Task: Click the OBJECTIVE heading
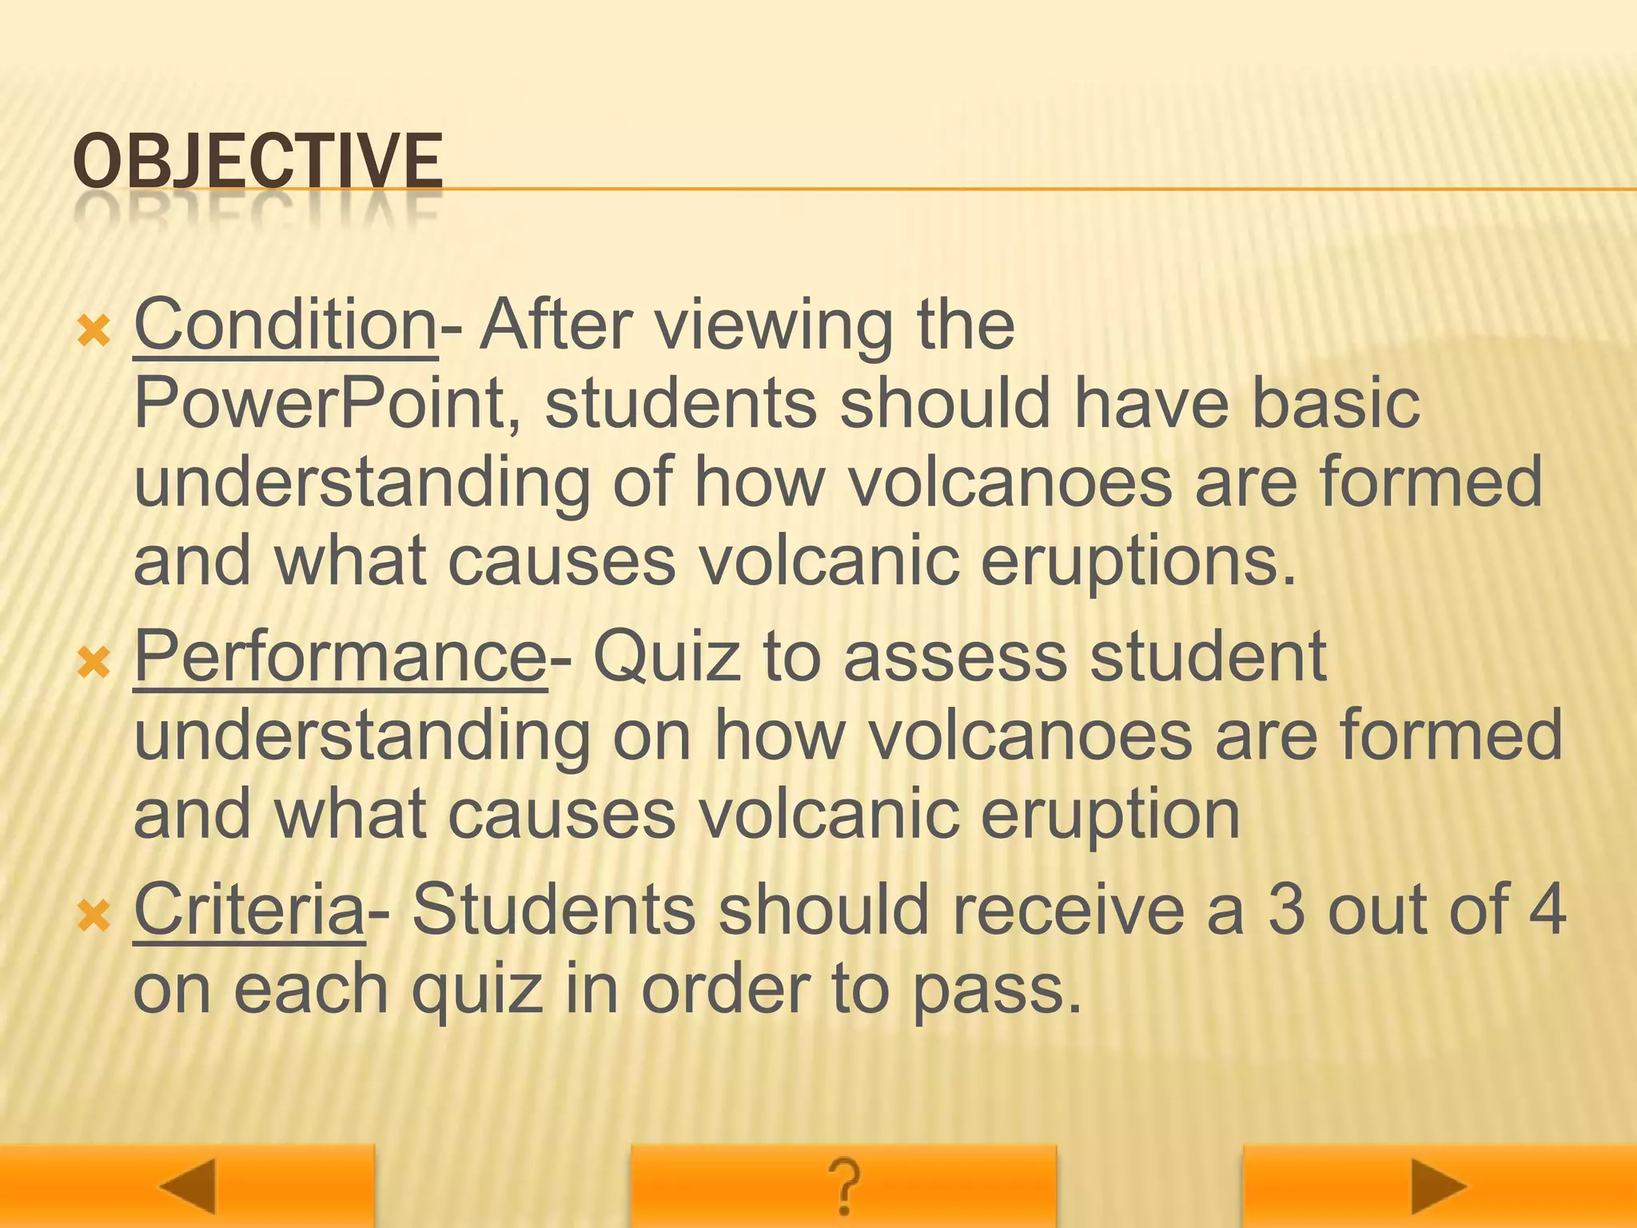(257, 162)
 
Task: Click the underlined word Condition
(285, 325)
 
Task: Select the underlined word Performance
(340, 657)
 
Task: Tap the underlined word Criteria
(249, 910)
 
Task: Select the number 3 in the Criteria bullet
(1286, 910)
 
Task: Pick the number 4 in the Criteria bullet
(1547, 910)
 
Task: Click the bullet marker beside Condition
(94, 330)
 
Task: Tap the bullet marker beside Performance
(94, 662)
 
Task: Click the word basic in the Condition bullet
(1335, 404)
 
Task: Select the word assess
(955, 657)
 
